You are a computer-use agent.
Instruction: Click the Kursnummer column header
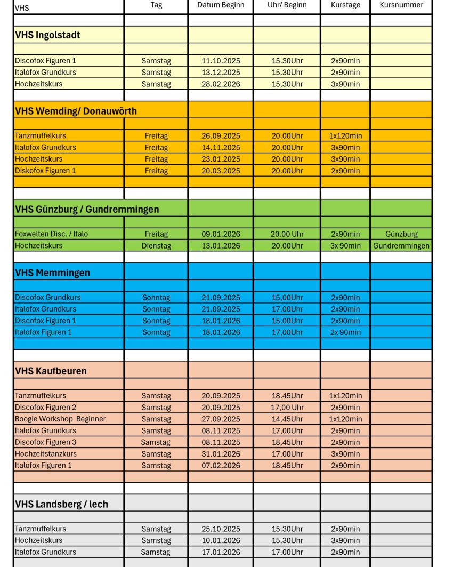[401, 5]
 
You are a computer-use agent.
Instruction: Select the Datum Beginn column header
[221, 5]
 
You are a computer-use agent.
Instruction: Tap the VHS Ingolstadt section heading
[48, 36]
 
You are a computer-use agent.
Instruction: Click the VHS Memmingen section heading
[53, 273]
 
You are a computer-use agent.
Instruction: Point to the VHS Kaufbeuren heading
[51, 371]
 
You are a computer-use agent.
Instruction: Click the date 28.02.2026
[221, 84]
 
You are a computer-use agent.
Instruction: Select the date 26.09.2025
[221, 136]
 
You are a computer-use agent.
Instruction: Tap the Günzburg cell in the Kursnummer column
[401, 234]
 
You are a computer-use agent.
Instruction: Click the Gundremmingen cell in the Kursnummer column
[401, 246]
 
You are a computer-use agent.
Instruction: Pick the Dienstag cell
[156, 246]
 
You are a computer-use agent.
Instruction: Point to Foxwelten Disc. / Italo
[52, 234]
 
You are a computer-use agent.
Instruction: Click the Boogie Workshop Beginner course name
[60, 419]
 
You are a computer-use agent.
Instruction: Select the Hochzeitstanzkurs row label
[46, 454]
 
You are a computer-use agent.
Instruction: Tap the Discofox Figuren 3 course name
[45, 442]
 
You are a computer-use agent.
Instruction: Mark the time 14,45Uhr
[287, 419]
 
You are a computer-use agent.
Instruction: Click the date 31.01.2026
[221, 454]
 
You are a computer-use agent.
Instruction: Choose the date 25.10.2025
[221, 529]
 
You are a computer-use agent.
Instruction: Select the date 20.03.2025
[221, 171]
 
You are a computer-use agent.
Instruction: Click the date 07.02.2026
[221, 466]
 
